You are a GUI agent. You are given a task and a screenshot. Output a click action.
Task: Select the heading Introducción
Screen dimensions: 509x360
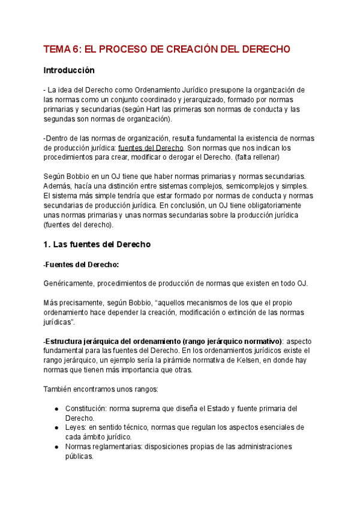coord(69,70)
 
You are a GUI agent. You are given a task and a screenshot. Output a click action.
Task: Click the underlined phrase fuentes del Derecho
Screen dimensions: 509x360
coord(151,147)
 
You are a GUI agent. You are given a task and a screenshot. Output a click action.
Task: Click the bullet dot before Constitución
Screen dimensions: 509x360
coord(56,409)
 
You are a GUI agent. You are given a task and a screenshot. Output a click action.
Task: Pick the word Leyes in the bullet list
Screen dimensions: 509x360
coord(76,427)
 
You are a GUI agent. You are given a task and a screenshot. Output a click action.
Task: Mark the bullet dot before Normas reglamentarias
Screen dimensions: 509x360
coord(56,447)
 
